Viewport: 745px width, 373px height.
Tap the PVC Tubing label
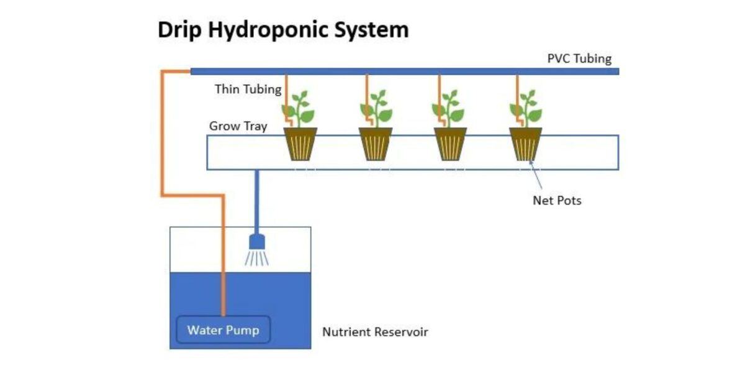[579, 58]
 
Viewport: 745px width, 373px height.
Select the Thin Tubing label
[248, 89]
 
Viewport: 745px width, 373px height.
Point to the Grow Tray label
[238, 126]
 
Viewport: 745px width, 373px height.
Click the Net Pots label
[557, 200]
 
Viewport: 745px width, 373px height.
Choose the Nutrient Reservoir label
[375, 332]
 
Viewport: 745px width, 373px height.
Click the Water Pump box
[223, 330]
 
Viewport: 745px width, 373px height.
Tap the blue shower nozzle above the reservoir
[256, 242]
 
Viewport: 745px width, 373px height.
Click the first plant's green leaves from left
[302, 109]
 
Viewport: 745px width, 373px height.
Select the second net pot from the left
[376, 144]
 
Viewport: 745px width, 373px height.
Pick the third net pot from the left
[450, 144]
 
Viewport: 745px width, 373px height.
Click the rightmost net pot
[525, 144]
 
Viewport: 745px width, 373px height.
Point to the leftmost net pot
[300, 144]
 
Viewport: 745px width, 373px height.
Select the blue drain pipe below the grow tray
[256, 199]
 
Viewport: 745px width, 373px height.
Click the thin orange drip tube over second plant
[366, 93]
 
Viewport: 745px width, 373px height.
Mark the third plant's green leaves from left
[451, 109]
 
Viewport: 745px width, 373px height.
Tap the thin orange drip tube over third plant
[440, 93]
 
